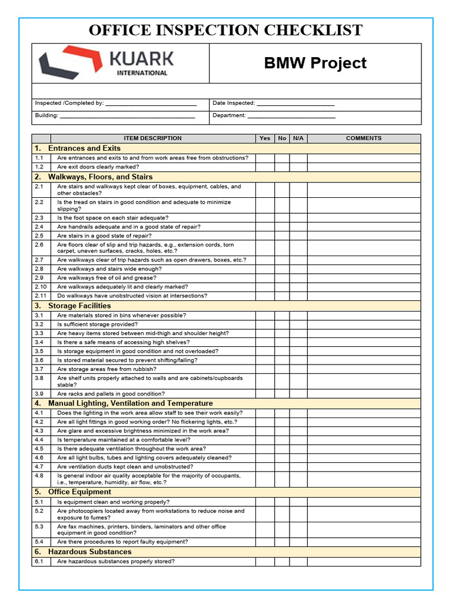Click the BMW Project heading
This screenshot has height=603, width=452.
point(315,64)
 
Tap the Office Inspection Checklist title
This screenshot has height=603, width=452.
point(225,30)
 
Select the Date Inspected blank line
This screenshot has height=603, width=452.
point(295,104)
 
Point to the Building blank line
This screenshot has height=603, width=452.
point(127,117)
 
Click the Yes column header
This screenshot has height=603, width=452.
point(265,138)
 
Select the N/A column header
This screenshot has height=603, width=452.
point(298,138)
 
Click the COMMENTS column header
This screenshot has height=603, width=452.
point(364,138)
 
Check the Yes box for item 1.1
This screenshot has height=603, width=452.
point(265,158)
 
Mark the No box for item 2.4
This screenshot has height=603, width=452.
point(282,227)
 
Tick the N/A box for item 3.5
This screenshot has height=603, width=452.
point(298,351)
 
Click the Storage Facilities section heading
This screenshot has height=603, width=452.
point(79,306)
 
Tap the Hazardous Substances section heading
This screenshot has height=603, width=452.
point(89,552)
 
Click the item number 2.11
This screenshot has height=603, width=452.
point(41,296)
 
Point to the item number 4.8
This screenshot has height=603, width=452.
point(39,475)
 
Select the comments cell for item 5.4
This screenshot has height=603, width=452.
point(364,542)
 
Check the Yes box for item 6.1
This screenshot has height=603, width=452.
point(265,562)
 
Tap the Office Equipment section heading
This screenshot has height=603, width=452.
point(79,492)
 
